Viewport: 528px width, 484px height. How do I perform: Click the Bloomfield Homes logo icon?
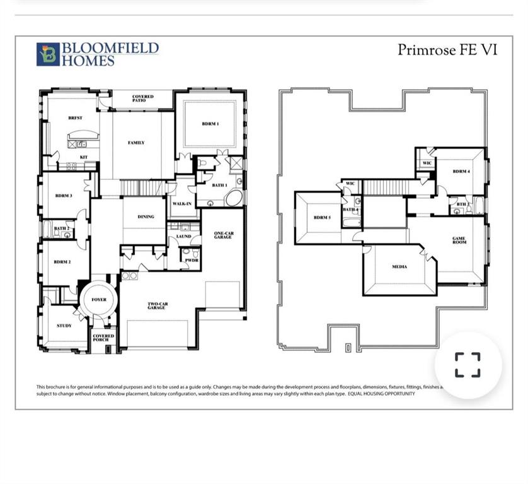pos(48,54)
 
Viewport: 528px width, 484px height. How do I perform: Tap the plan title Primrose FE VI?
pos(447,50)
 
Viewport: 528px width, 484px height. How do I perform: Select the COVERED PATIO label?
pos(143,99)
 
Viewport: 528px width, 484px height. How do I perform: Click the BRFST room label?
pos(76,118)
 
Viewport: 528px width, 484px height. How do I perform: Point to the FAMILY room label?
pos(137,143)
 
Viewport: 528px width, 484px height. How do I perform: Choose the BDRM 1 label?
pos(210,124)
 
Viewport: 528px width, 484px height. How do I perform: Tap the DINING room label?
pos(146,217)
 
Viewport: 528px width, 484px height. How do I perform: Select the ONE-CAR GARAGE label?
pos(223,234)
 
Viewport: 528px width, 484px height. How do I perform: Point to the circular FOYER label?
pos(99,300)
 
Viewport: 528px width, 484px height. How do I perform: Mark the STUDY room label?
pos(64,326)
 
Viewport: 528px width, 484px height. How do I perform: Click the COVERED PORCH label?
pos(103,338)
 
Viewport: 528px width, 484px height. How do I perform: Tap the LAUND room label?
pos(183,236)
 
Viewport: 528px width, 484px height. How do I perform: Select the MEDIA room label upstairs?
pos(399,266)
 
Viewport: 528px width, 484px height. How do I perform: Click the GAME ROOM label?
pos(459,240)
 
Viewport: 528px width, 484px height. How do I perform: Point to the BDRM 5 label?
pos(322,218)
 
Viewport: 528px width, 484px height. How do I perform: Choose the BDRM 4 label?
pos(461,171)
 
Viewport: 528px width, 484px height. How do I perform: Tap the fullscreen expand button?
pos(468,365)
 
